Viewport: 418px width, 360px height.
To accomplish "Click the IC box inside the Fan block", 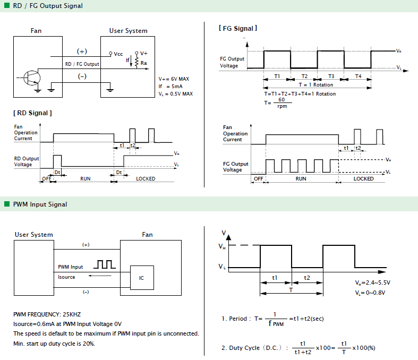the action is pos(142,278).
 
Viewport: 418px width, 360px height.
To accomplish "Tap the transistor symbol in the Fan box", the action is pos(32,78).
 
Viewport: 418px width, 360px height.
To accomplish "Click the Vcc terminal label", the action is pos(118,54).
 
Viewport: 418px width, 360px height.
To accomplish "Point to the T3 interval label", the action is pos(331,76).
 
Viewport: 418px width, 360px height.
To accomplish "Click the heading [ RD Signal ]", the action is pos(32,113).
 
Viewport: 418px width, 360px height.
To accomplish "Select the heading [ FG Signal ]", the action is pos(238,28).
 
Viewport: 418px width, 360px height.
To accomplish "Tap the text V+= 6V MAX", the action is pos(174,79).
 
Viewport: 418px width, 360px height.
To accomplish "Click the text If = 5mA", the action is pos(170,87).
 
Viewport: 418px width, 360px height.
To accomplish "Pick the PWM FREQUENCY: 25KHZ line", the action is pos(47,314).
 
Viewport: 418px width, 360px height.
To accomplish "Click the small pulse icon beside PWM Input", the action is pos(105,264).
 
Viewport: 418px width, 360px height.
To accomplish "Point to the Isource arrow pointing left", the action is pos(100,276).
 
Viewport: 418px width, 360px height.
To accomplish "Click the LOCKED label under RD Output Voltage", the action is pos(146,178).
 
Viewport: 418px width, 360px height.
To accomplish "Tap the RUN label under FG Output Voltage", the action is pos(301,178).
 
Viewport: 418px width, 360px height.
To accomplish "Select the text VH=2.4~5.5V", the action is pos(373,282).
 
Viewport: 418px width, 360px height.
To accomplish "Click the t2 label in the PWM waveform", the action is pos(307,278).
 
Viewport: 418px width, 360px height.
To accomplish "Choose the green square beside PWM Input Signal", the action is pos(7,204).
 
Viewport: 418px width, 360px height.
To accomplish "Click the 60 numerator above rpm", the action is pos(281,99).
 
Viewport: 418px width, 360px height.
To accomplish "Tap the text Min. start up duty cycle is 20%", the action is pos(54,344).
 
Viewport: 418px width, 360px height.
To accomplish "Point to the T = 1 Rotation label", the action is pos(316,85).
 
